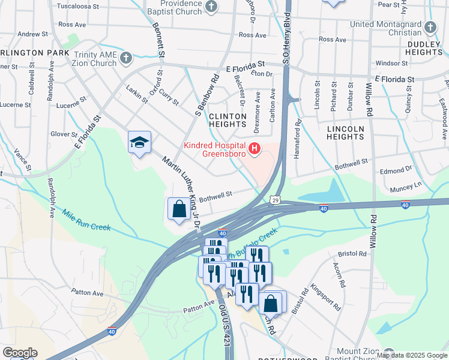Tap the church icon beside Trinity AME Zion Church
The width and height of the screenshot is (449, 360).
coord(125,58)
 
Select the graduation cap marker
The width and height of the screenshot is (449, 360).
coord(139,142)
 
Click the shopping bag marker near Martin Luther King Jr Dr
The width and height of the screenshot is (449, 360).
coord(179,209)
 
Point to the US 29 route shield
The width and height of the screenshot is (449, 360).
coord(275,199)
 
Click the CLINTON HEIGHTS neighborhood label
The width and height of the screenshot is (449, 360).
coord(228,120)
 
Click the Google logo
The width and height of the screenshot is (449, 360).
coord(20,353)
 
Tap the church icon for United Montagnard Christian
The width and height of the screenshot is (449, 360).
coord(430,27)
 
